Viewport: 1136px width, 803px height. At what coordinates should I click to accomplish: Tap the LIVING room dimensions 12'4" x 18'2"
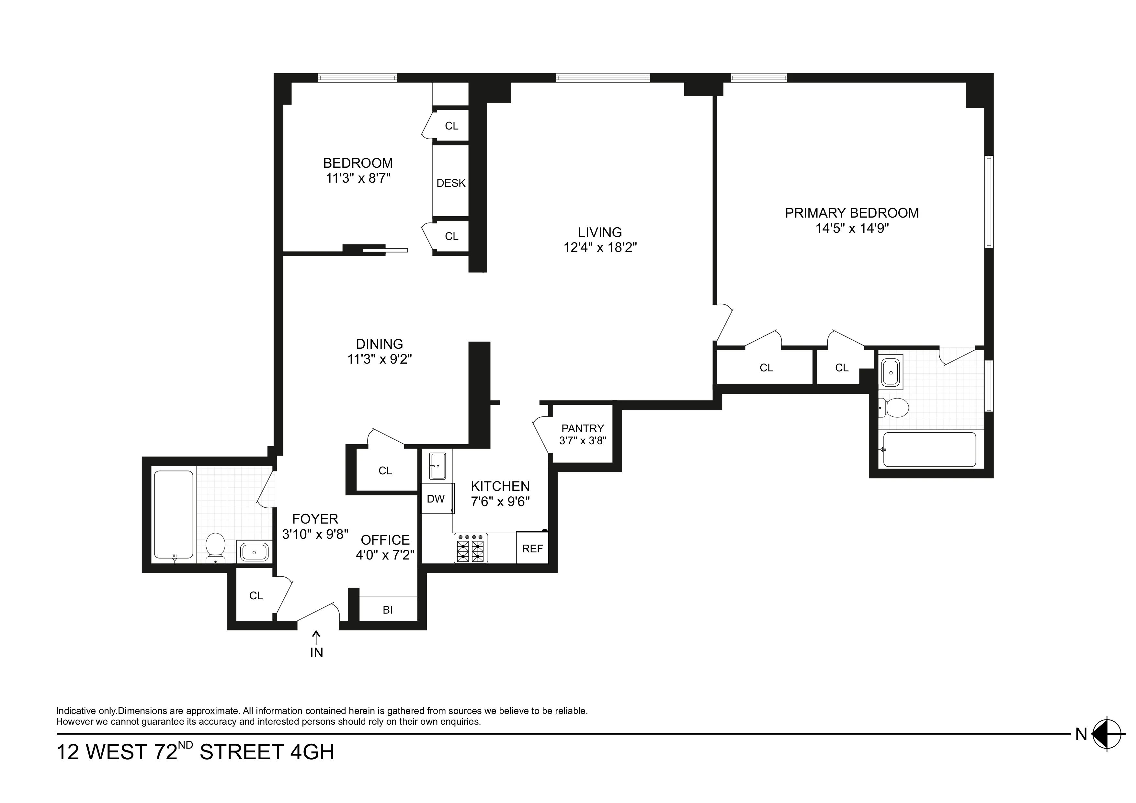[x=600, y=247]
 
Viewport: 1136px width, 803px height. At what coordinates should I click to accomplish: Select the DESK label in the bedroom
[x=451, y=183]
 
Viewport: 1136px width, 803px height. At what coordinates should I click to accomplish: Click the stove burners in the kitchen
[x=471, y=548]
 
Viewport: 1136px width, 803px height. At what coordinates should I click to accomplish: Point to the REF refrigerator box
[x=532, y=548]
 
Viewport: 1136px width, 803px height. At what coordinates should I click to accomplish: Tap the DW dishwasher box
[x=436, y=499]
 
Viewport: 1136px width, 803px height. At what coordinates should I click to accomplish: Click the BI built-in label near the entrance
[x=387, y=610]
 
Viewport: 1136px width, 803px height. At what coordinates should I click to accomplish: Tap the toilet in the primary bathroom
[x=895, y=408]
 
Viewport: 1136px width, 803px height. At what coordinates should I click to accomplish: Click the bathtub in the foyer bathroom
[x=173, y=515]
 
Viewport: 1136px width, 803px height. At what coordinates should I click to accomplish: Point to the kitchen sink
[x=437, y=466]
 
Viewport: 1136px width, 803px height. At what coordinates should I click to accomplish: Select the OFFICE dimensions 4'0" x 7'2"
[x=385, y=555]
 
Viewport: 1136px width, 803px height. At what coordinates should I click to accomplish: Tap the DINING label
[x=380, y=344]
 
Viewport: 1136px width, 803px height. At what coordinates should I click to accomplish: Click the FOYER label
[x=315, y=519]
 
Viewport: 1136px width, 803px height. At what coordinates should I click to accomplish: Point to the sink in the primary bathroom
[x=891, y=372]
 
